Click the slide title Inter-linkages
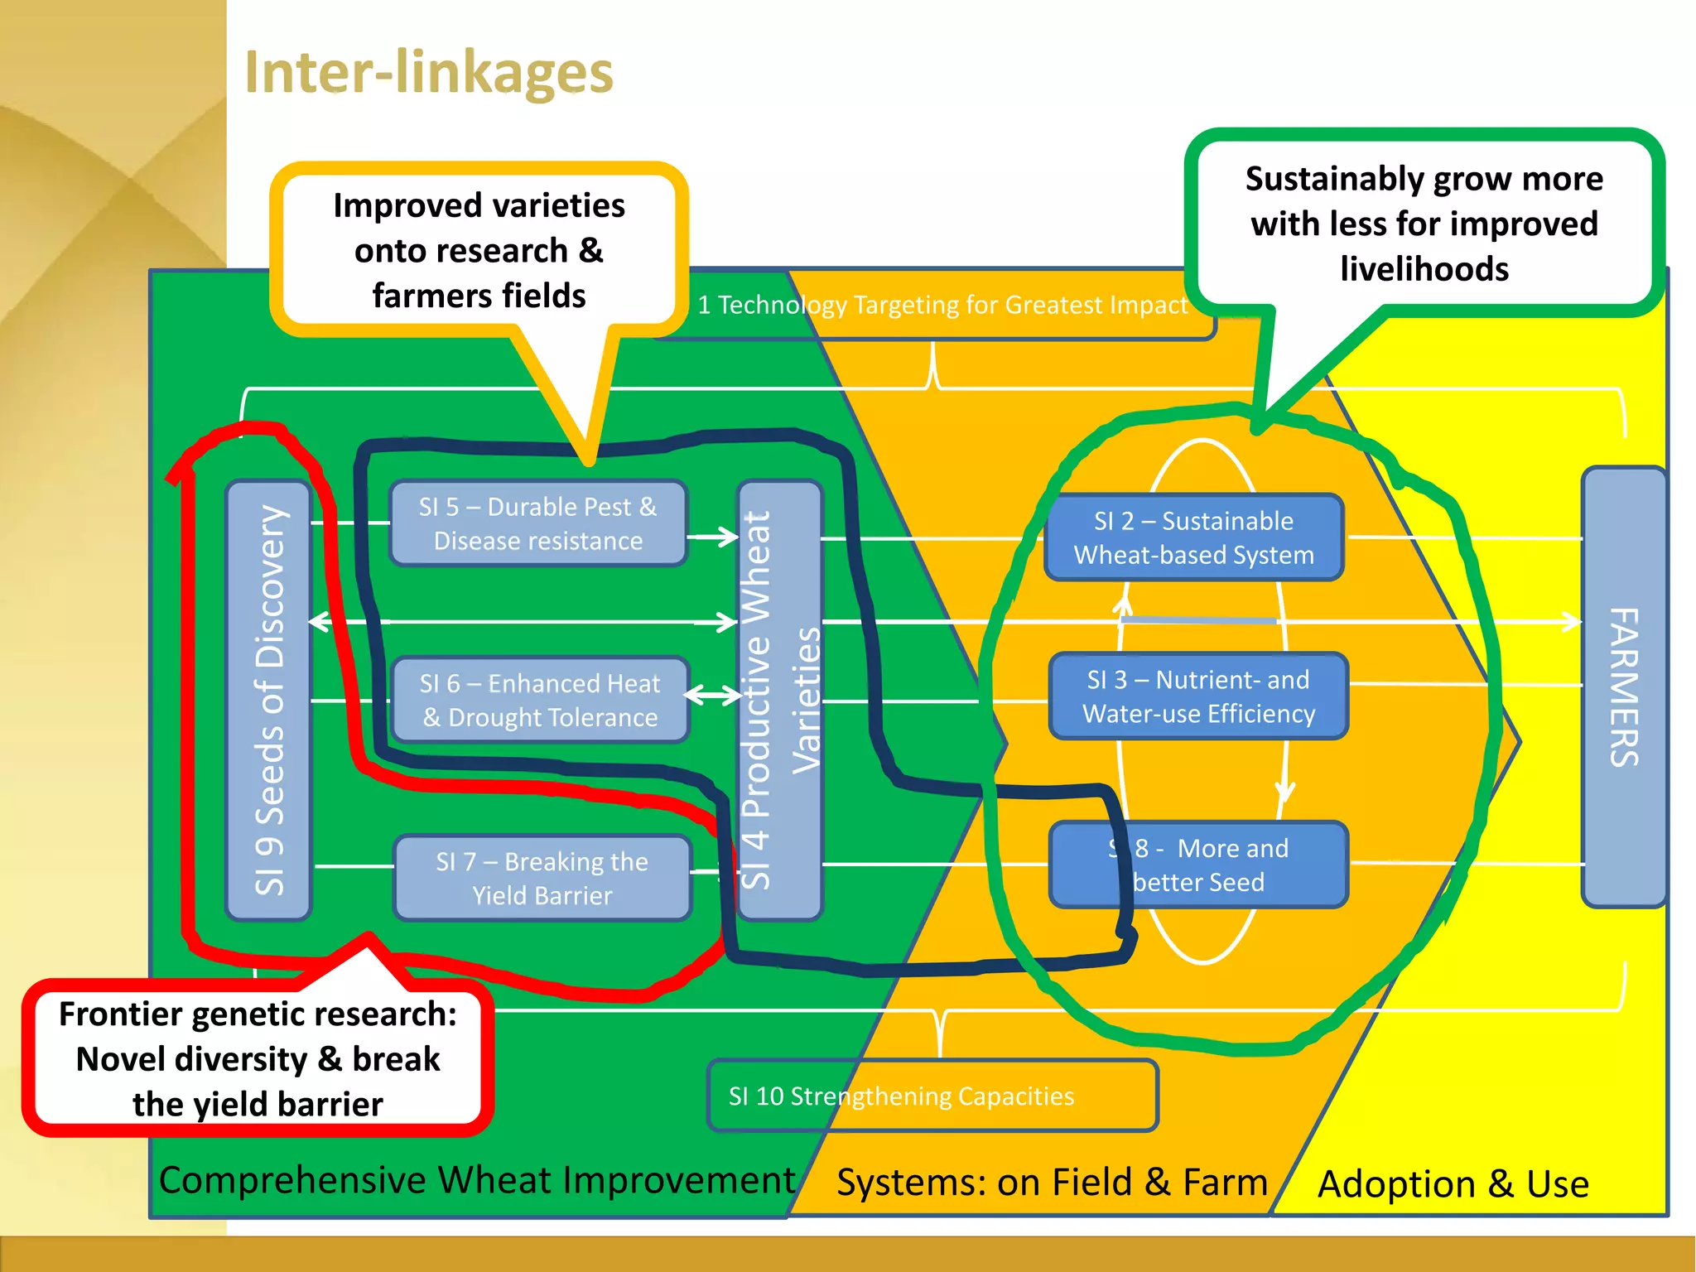pos(428,73)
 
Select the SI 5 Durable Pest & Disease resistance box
pos(537,523)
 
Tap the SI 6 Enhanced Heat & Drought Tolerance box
pos(539,700)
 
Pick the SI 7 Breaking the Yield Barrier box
pos(542,878)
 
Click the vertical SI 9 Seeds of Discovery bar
pos(268,700)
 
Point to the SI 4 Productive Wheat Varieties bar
pos(778,700)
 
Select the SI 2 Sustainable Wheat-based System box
pos(1193,537)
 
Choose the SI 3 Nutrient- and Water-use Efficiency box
pos(1197,696)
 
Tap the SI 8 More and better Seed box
pos(1197,865)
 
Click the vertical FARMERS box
pos(1623,687)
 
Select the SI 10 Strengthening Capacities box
pos(932,1096)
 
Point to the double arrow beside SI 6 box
pos(713,695)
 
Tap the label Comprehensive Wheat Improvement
pos(476,1180)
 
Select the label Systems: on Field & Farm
pos(1052,1183)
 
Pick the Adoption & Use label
pos(1453,1184)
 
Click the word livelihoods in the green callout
pos(1424,269)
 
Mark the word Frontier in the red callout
pos(121,1014)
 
